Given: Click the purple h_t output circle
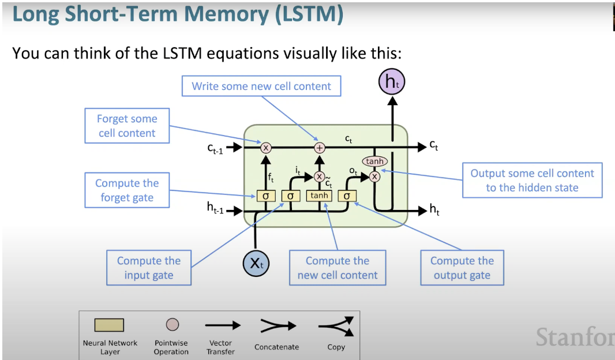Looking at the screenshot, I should tap(392, 82).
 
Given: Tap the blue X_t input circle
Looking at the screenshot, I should tap(256, 263).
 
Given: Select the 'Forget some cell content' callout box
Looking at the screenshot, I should tap(127, 126).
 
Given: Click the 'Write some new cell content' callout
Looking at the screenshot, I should tap(261, 87).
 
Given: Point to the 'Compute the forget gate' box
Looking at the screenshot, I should tap(127, 190).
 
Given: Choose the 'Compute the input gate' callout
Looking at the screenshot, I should tap(149, 268).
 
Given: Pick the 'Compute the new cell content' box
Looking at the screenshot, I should tap(337, 268).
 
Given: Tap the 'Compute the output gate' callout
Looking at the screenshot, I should tap(462, 268).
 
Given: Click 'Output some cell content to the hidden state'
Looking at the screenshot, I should tap(532, 181).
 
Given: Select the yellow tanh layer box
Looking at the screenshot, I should tap(319, 196).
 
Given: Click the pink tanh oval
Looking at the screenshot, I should tap(374, 162).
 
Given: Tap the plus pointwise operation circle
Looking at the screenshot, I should tap(320, 148).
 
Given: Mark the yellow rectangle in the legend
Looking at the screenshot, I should tap(110, 325).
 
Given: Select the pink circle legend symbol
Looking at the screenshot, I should tap(172, 325).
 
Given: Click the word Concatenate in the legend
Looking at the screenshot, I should tap(276, 347).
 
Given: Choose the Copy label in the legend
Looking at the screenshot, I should tap(336, 347).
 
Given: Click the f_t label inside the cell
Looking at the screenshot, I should tap(271, 178).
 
